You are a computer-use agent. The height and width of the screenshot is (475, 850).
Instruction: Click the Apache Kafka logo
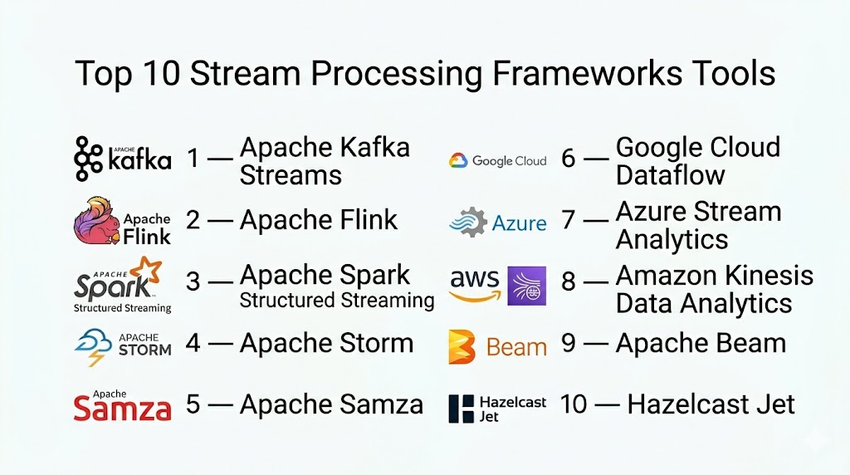click(x=122, y=159)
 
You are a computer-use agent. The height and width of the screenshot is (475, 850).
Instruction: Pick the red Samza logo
click(x=122, y=407)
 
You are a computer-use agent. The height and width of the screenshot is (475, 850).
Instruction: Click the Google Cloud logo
click(x=497, y=160)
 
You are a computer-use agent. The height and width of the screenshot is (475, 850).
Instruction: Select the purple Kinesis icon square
click(x=526, y=286)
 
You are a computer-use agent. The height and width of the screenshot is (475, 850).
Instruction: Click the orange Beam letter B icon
click(x=462, y=346)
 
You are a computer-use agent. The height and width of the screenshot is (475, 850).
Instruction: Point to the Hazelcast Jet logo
click(x=497, y=408)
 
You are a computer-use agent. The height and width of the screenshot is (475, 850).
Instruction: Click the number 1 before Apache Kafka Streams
click(x=193, y=158)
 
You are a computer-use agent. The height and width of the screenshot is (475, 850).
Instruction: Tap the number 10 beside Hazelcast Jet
click(x=574, y=404)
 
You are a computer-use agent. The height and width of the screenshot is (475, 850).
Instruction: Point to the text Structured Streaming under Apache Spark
click(x=337, y=300)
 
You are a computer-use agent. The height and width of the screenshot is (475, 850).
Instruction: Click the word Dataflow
click(x=670, y=175)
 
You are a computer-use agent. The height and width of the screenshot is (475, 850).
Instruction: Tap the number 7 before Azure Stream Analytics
click(x=569, y=221)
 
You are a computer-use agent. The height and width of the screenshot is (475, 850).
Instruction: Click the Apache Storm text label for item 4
click(x=326, y=342)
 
